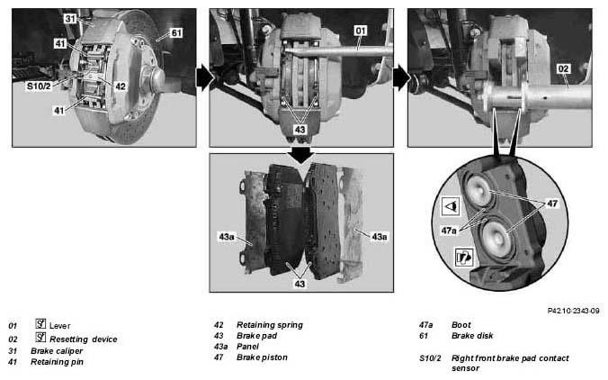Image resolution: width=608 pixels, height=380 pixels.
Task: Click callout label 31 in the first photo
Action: [x=70, y=19]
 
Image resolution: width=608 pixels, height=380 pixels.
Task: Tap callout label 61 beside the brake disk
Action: [x=176, y=32]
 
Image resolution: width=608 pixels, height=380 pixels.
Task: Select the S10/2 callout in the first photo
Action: [x=39, y=86]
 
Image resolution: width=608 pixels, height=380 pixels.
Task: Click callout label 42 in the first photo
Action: [x=121, y=86]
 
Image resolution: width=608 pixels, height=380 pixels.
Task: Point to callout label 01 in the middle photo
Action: [x=361, y=31]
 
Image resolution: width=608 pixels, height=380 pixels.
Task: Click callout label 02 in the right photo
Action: [x=563, y=68]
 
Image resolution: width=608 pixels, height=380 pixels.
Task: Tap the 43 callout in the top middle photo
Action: [x=300, y=130]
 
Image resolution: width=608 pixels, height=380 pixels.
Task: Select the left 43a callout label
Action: [x=227, y=237]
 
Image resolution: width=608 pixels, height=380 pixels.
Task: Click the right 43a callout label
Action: [x=380, y=237]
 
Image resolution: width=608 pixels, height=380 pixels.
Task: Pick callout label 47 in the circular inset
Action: [x=552, y=204]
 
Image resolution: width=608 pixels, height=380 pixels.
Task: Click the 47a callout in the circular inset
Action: [x=449, y=231]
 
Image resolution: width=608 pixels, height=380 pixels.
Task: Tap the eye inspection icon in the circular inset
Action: [x=451, y=206]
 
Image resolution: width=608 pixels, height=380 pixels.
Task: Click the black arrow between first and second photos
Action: [x=205, y=77]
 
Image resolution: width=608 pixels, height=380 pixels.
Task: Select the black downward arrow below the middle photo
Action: [x=300, y=155]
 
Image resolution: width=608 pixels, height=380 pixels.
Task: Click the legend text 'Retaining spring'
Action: [x=270, y=325]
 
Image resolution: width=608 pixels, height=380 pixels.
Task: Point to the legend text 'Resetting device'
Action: [x=84, y=339]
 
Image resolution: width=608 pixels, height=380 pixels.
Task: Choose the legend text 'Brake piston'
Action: [x=262, y=357]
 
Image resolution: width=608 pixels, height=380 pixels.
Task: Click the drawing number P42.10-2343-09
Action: [x=574, y=311]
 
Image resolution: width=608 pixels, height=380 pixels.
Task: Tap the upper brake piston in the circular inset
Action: [x=479, y=190]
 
